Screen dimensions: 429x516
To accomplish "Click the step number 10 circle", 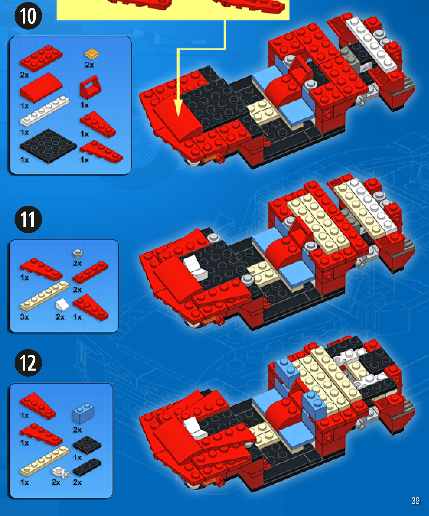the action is (x=28, y=16).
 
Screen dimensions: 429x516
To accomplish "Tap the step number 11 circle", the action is (x=28, y=219).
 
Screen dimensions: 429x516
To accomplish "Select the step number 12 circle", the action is (x=28, y=363).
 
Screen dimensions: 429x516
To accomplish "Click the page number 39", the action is (x=415, y=501).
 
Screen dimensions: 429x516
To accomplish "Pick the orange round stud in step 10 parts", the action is (x=92, y=54).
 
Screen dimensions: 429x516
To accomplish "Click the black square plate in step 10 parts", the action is (x=48, y=146).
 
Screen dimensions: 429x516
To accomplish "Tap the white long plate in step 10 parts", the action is (x=45, y=111).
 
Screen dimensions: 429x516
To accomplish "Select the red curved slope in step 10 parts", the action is (x=41, y=87).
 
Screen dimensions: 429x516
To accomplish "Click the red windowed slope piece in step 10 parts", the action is (x=90, y=87).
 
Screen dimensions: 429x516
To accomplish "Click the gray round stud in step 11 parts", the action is (x=78, y=253).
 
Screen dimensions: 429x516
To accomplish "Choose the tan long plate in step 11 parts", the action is (x=45, y=296).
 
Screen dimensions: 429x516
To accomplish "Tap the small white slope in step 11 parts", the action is (x=62, y=304).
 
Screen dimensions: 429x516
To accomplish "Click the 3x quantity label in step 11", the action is (x=24, y=317).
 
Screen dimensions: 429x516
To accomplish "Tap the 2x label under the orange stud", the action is (x=89, y=65).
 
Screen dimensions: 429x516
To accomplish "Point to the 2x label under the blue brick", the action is (x=77, y=430).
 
